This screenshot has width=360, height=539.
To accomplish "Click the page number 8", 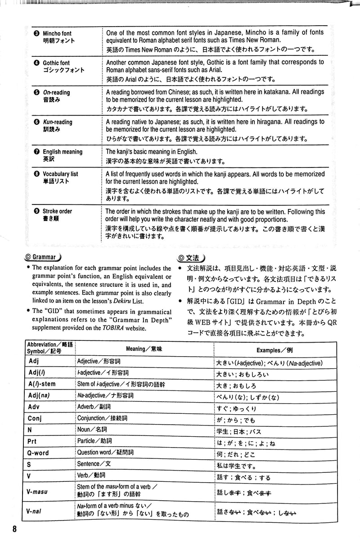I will click(15, 529).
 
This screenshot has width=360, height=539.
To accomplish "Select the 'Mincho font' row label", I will click(57, 33).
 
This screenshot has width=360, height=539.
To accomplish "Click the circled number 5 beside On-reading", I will click(36, 92).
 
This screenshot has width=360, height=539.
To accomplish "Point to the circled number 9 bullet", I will click(36, 211).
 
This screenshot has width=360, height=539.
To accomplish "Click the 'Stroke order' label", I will click(57, 211).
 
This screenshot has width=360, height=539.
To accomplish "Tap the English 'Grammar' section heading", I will click(43, 258).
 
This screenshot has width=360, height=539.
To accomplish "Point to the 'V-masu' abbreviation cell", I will click(37, 492).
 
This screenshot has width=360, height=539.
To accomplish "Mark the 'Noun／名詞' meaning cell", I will click(93, 430).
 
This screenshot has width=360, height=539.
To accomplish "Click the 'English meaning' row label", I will click(62, 152).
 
